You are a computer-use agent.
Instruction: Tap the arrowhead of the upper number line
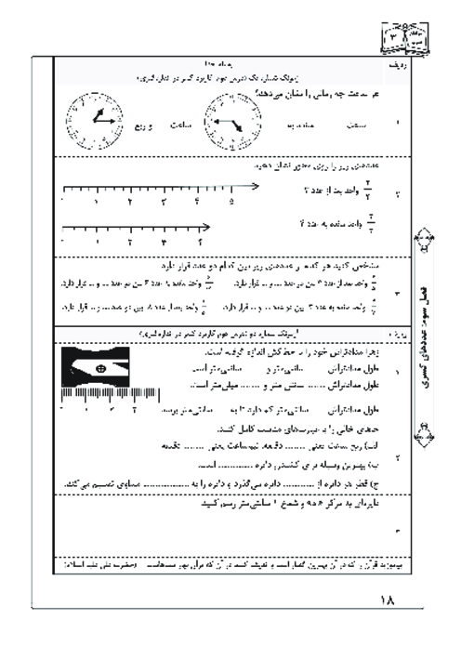click(254, 187)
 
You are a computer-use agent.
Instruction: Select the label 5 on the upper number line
click(230, 201)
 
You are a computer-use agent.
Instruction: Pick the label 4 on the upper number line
click(197, 201)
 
